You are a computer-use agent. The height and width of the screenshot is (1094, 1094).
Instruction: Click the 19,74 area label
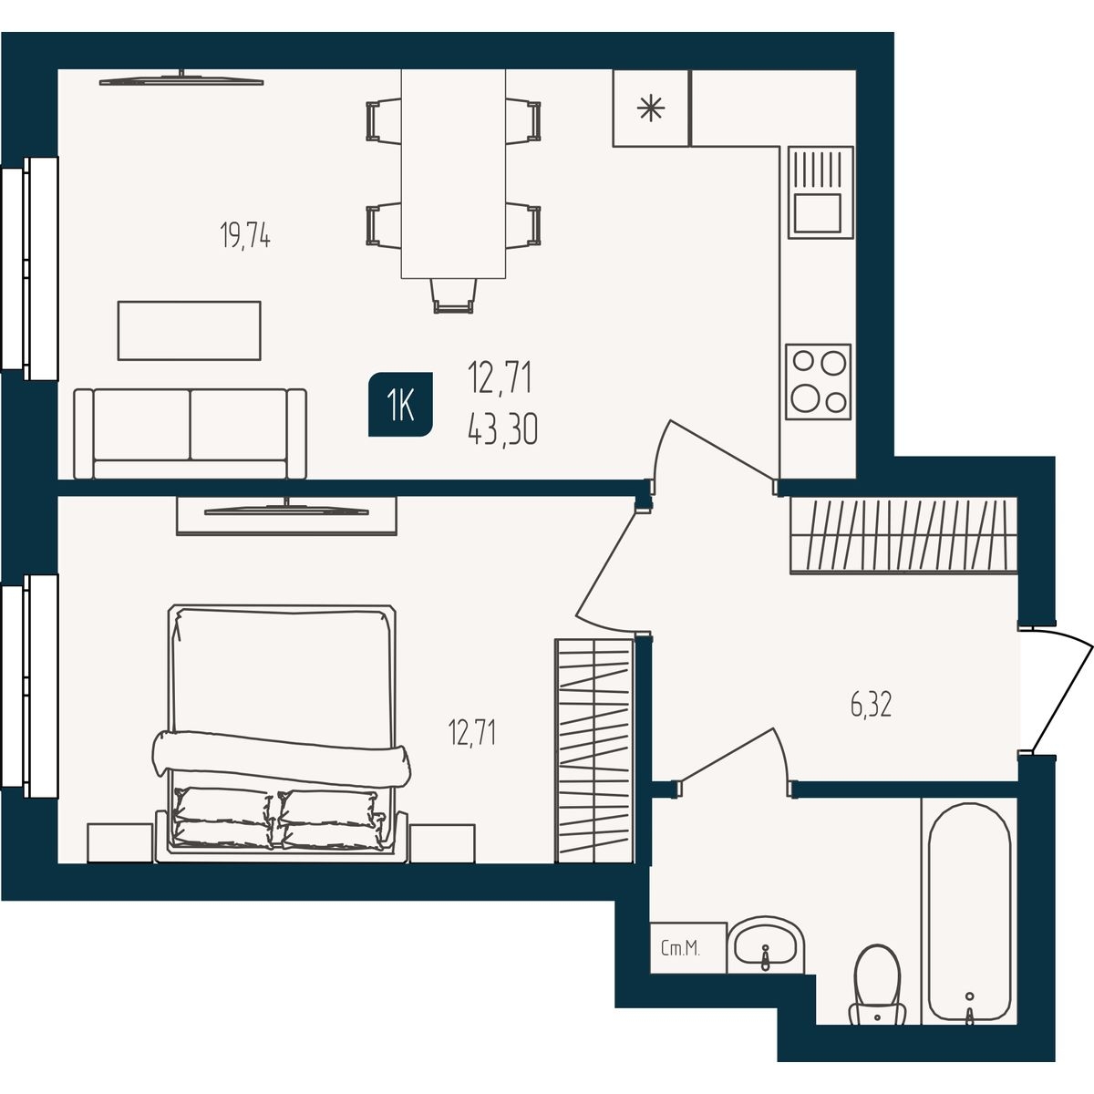pos(244,235)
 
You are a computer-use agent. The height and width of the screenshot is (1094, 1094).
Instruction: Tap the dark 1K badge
pos(400,404)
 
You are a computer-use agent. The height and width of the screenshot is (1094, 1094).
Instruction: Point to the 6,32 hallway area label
pos(871,706)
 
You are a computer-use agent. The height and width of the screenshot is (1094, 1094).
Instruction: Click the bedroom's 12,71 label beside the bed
pos(471,732)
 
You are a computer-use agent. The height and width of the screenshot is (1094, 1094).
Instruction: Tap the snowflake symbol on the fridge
pos(651,108)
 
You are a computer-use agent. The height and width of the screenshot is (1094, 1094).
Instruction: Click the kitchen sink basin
pos(818,212)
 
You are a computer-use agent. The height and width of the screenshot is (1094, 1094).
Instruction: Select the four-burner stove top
pos(818,381)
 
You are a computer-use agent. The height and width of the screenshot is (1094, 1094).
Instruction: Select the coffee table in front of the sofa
pos(189,330)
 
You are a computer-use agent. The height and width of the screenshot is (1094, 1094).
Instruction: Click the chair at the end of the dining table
pos(453,295)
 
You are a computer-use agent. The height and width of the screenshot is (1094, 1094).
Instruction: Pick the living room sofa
pos(191,434)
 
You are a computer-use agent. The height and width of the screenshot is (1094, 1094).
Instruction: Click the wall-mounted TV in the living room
pos(181,80)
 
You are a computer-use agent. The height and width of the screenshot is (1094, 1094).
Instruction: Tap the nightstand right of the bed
pos(442,843)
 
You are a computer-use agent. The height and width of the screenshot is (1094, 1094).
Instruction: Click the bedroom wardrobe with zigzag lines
pos(594,751)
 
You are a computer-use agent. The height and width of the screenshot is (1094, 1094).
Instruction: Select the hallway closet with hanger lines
pos(903,535)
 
